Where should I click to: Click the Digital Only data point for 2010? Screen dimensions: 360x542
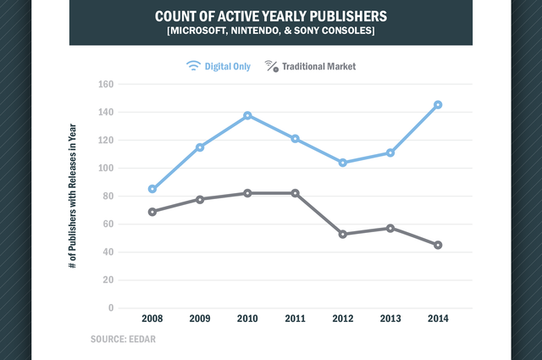[247, 115]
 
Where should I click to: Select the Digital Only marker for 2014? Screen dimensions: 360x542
[438, 105]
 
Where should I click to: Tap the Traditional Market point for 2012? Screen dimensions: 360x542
[342, 234]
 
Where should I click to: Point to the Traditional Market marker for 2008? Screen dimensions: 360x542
[152, 212]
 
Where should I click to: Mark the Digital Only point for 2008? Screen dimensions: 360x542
[152, 189]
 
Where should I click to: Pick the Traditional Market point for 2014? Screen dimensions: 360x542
[438, 245]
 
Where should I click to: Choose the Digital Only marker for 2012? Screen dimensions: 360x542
[342, 163]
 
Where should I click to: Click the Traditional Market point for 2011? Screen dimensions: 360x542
[295, 193]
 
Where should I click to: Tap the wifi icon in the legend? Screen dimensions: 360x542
[193, 64]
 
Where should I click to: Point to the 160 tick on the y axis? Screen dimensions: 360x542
[106, 84]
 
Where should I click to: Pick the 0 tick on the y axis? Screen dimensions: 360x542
[111, 307]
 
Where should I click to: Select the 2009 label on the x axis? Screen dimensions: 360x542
[199, 318]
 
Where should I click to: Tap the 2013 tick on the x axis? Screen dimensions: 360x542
[390, 318]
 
